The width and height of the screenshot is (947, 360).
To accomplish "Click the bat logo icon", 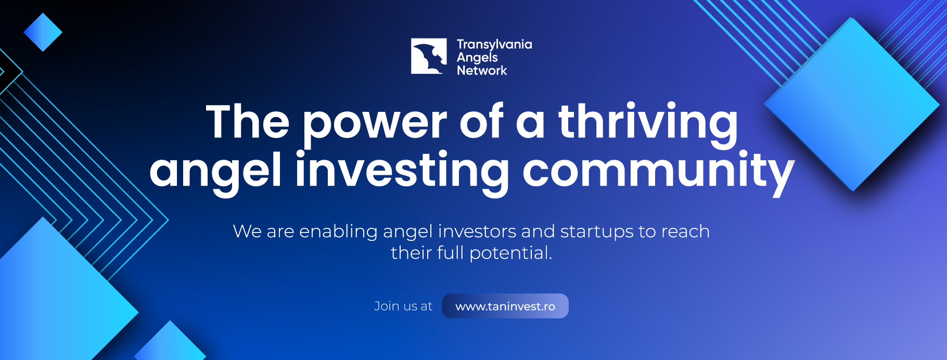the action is tap(429, 56).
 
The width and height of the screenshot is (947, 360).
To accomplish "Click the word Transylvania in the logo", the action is tap(494, 45).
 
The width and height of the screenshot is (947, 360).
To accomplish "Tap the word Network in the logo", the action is tap(482, 70).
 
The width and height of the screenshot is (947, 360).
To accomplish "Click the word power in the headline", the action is tap(375, 125).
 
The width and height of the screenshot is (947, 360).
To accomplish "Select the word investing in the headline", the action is tap(402, 172).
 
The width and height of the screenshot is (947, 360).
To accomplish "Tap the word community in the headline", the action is tap(658, 172).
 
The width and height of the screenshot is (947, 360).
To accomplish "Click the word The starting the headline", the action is tap(248, 122).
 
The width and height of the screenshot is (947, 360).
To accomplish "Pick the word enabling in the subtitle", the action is tap(338, 232).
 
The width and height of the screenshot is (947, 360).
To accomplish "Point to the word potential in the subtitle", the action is tap(510, 253).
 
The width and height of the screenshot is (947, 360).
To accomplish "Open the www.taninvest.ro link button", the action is tap(505, 306).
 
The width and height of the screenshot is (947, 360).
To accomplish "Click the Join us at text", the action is tap(403, 306).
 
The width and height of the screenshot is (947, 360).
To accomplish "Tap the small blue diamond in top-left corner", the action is tap(43, 32).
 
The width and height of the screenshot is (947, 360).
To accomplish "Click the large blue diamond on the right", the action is tap(852, 104).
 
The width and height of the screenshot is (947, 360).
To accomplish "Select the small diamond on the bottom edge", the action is tap(170, 343).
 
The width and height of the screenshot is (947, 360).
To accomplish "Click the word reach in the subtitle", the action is tap(685, 232).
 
